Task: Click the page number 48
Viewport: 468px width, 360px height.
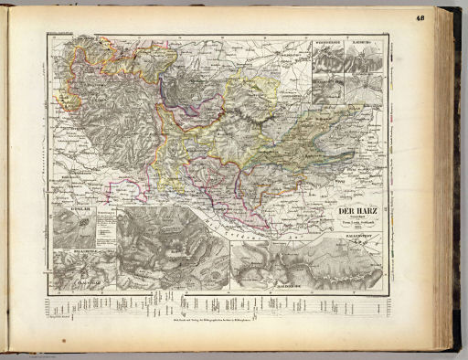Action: [x=445, y=17]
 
